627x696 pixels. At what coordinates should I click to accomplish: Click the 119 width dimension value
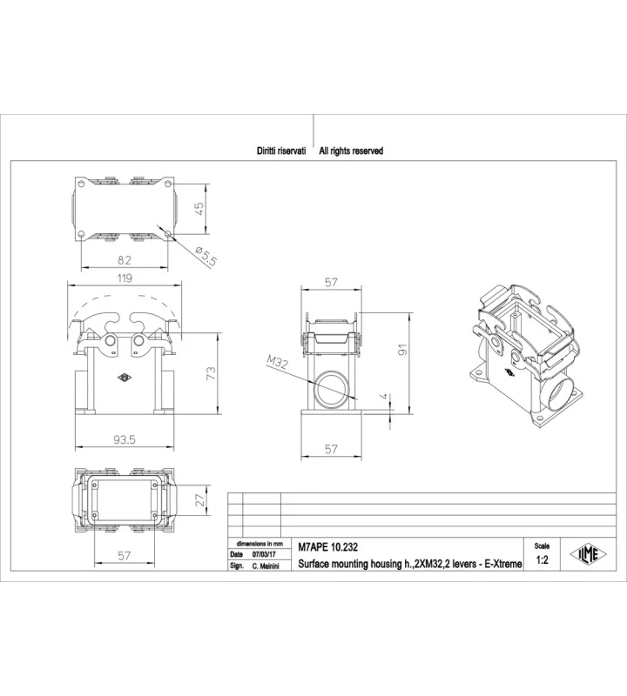pos(125,278)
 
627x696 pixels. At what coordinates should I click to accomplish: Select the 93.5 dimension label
pos(125,439)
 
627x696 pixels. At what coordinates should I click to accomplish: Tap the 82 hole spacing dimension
pos(125,260)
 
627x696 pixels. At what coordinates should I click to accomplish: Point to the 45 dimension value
pos(199,209)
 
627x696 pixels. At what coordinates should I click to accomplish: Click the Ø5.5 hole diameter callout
pos(206,256)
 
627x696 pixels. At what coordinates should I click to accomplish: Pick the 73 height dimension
pos(211,373)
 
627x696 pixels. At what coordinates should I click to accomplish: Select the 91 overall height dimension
pos(402,350)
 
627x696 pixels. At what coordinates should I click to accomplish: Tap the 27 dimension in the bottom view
pos(201,500)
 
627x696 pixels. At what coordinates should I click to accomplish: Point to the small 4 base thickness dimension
pos(385,397)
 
